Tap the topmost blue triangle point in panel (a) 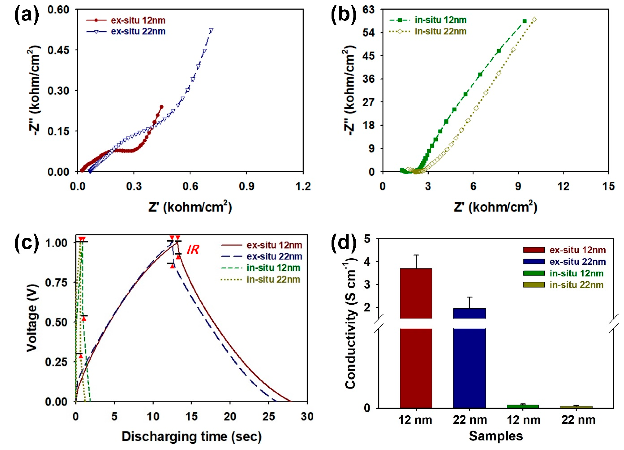pyautogui.click(x=211, y=30)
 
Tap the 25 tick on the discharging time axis pyautogui.click(x=268, y=417)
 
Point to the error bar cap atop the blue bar pyautogui.click(x=469, y=297)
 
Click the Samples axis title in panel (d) pyautogui.click(x=496, y=436)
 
